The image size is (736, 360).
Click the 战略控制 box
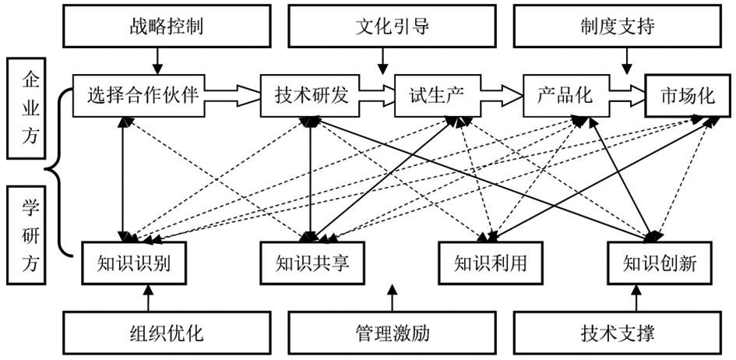[x=165, y=28]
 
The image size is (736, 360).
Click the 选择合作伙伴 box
[x=142, y=96]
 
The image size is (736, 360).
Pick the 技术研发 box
[x=309, y=96]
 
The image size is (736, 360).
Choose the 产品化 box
[x=565, y=96]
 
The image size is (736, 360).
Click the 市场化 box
[x=685, y=96]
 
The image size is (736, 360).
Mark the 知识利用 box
[x=490, y=263]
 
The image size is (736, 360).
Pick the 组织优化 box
[x=165, y=333]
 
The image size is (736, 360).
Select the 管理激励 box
[x=393, y=333]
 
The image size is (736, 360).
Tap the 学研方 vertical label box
[x=30, y=235]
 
